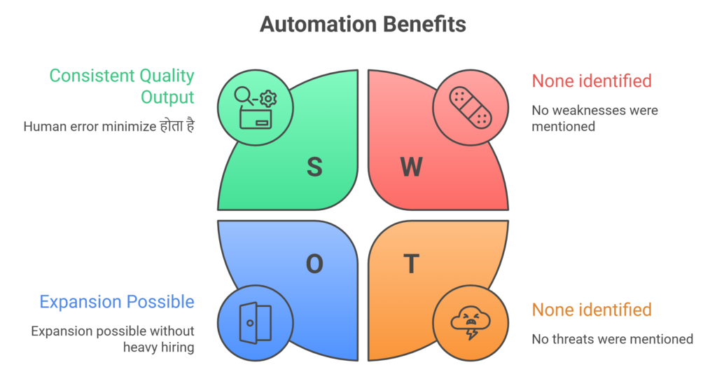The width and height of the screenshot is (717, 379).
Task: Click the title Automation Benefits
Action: tap(363, 25)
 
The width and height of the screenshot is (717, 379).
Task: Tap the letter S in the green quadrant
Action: tap(314, 166)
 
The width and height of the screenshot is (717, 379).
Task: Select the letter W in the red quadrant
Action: tap(411, 166)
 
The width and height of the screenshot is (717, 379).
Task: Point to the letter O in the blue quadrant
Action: tap(314, 263)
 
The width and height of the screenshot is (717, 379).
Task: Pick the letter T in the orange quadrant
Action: tap(411, 263)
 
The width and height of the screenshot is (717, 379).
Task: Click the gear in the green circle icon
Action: tap(267, 99)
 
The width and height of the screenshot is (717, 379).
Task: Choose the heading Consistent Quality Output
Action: tap(122, 85)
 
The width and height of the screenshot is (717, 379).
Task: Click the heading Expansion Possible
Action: tap(117, 302)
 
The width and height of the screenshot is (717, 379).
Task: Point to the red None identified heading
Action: tap(592, 81)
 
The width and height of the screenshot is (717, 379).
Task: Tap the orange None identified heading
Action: tap(592, 310)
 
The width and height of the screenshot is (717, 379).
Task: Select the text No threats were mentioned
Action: tap(612, 339)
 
